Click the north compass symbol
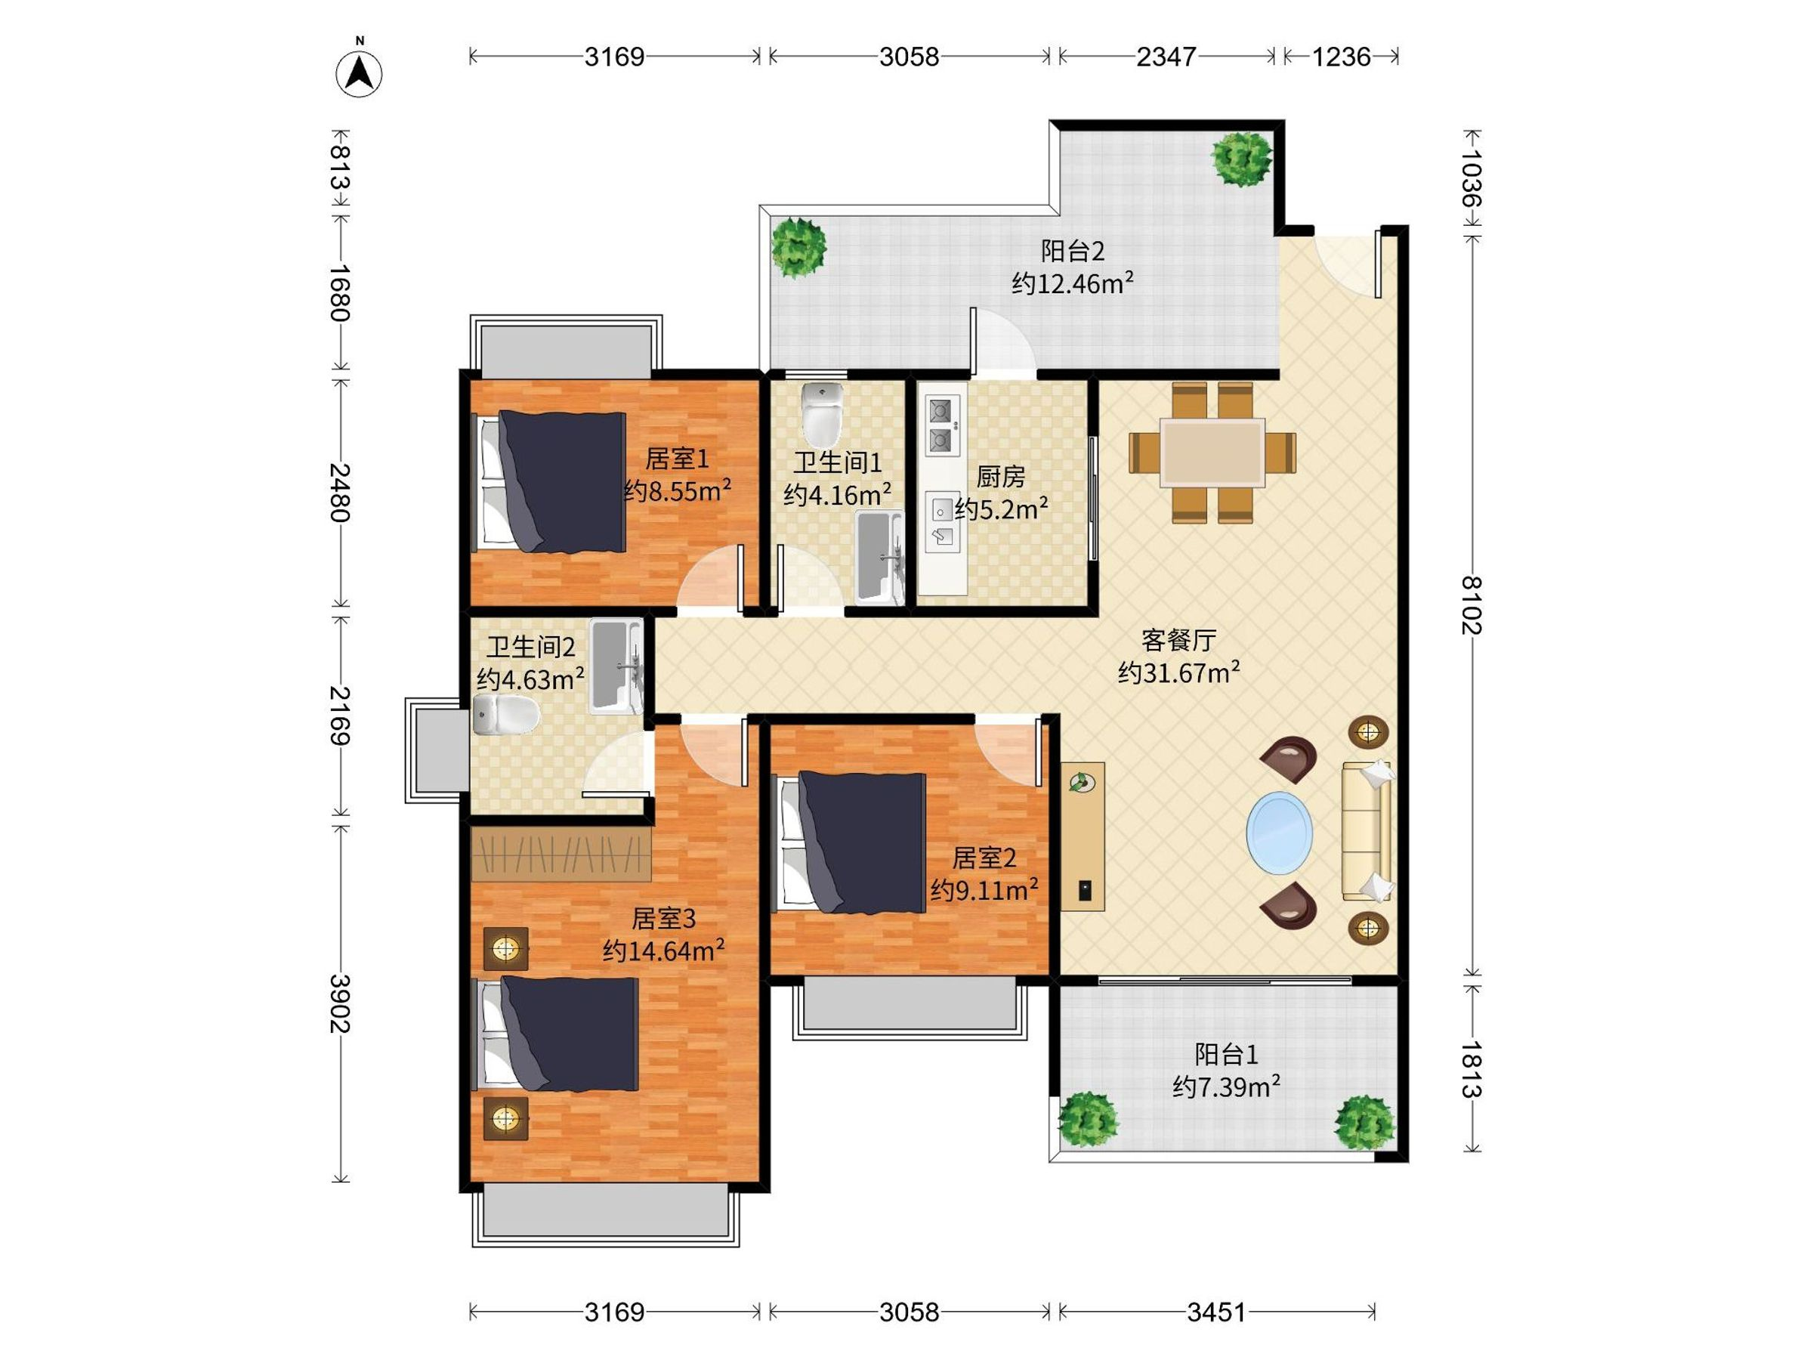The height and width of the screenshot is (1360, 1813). coord(358,72)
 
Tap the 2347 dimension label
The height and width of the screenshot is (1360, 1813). coord(1166,57)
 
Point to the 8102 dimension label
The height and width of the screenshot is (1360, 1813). coord(1472,605)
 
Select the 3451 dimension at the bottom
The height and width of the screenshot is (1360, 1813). coord(1216,1312)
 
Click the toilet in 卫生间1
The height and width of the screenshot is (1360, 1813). coord(822,414)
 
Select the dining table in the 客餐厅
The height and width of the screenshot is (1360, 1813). coord(1212,453)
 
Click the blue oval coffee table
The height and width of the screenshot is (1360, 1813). coord(1279,833)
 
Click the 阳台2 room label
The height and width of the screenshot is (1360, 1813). coord(1072,251)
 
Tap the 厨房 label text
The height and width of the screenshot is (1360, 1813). coord(1001,476)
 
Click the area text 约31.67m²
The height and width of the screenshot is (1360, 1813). coord(1178,672)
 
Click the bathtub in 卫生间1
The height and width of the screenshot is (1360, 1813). coord(879,558)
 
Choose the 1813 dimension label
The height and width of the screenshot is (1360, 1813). coord(1472,1070)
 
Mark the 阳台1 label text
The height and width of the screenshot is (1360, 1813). coord(1226,1054)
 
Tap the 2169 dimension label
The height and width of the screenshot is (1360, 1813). coord(340,716)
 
